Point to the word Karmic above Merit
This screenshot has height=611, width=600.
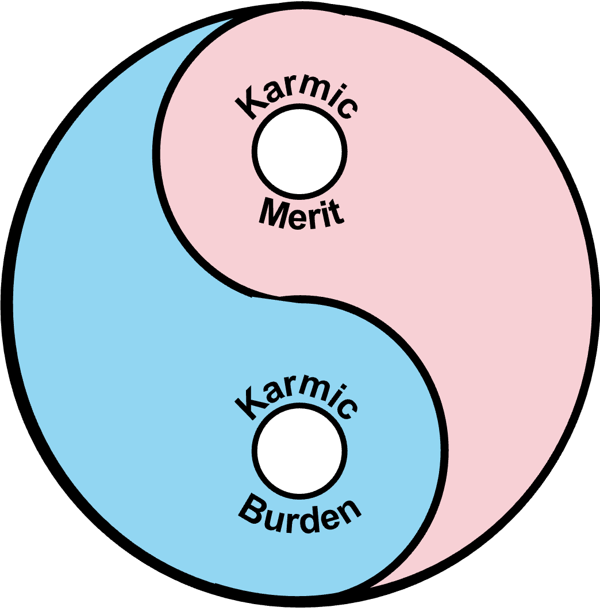coord(297,98)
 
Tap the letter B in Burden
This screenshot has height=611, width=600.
coord(249,510)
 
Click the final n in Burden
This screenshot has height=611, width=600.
coord(349,511)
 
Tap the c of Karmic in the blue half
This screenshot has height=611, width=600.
coord(347,407)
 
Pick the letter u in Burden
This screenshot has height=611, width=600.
coord(270,519)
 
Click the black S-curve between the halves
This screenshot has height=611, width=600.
coord(266,296)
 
